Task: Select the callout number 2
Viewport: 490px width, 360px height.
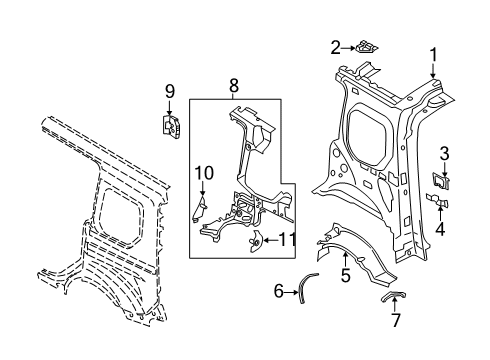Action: (x=336, y=46)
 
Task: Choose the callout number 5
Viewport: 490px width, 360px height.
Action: (x=345, y=273)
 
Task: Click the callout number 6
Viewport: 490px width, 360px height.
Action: (x=279, y=291)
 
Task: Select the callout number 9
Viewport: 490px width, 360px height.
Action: (x=169, y=93)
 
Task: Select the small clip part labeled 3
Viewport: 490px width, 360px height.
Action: (x=441, y=181)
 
